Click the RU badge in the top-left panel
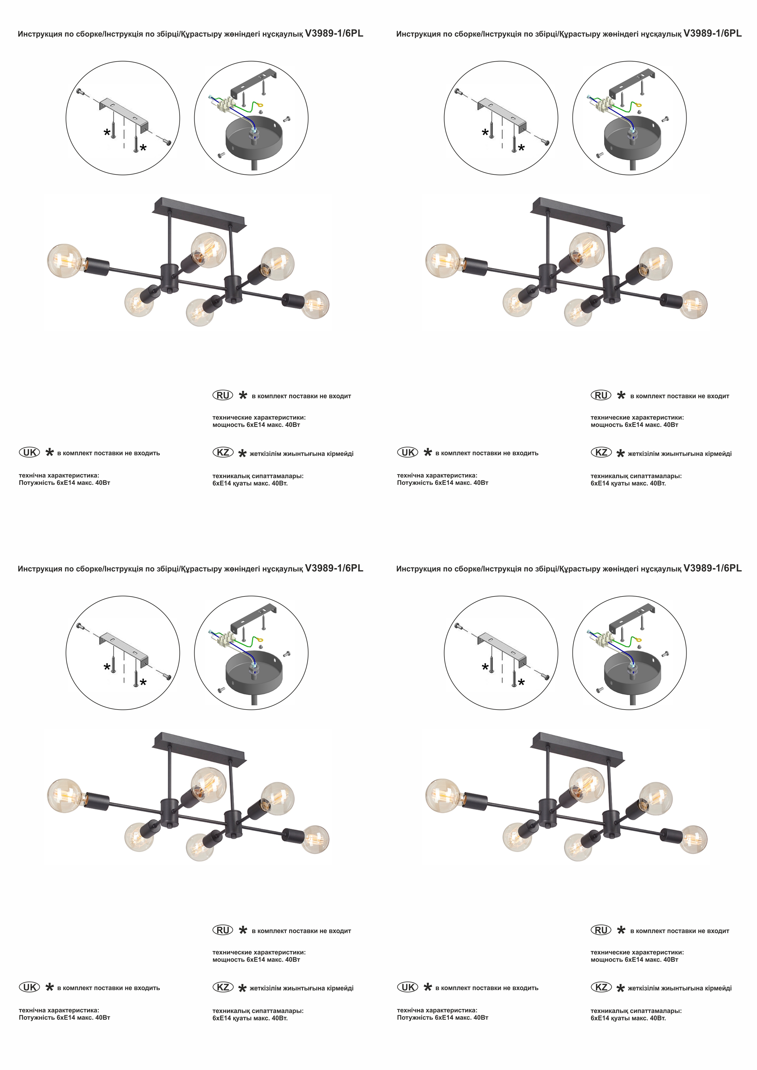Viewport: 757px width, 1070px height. pyautogui.click(x=223, y=395)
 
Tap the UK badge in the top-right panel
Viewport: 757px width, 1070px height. pyautogui.click(x=408, y=452)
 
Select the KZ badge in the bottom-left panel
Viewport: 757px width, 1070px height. pyautogui.click(x=223, y=987)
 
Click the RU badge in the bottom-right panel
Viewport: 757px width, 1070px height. pyautogui.click(x=601, y=930)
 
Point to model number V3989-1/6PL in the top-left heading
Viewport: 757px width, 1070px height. pyautogui.click(x=334, y=34)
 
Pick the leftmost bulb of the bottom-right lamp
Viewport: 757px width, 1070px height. pyautogui.click(x=443, y=796)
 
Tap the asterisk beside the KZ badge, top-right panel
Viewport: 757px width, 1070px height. pyautogui.click(x=620, y=453)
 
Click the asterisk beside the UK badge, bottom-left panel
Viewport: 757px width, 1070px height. pyautogui.click(x=49, y=986)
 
